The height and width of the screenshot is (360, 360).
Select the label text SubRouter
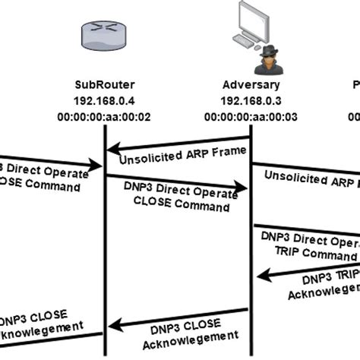click(104, 85)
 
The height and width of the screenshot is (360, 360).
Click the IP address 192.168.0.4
click(104, 100)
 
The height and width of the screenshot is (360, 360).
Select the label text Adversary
click(251, 85)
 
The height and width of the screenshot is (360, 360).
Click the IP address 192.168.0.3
click(251, 100)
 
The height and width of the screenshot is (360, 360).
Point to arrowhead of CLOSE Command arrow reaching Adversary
click(245, 186)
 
